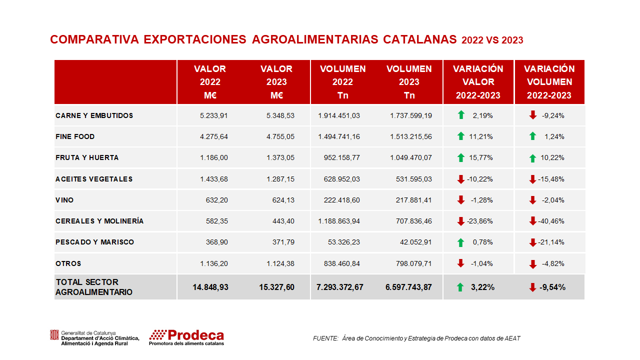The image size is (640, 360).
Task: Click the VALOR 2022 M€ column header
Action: [x=210, y=82]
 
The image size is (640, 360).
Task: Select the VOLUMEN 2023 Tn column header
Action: [x=409, y=82]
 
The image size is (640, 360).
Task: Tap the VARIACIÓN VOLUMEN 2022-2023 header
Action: [x=549, y=82]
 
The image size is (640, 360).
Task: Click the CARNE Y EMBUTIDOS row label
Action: [x=94, y=115]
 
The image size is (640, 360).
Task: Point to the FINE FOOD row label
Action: [x=75, y=136]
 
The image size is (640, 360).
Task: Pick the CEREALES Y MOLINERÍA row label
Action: [x=99, y=221]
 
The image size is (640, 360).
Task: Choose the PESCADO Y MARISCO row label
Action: [x=95, y=242]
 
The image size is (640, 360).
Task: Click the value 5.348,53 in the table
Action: [x=280, y=115]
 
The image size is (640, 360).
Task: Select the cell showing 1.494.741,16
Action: [x=339, y=136]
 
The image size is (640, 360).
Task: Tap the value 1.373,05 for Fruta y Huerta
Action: [x=280, y=157]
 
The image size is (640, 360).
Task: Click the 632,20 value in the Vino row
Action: [x=217, y=200]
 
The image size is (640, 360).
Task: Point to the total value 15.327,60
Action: [x=277, y=287]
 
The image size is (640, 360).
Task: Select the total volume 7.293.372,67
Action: [x=340, y=287]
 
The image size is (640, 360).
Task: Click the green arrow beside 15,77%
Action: [x=461, y=158]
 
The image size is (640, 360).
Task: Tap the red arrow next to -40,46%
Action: [x=533, y=221]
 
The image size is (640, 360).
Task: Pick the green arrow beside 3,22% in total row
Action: [x=460, y=287]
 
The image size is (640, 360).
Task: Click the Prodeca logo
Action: [x=186, y=337]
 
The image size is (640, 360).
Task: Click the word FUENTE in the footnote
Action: [x=325, y=338]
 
